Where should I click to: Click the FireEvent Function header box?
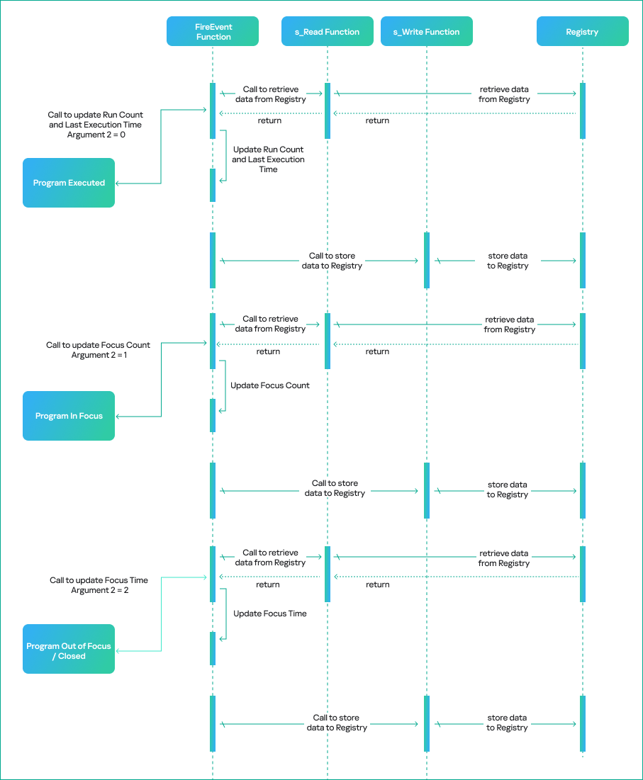coord(213,32)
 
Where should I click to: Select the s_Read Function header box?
coord(327,32)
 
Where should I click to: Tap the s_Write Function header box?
coord(426,32)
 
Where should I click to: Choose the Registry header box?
coord(582,32)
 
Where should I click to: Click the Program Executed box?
coord(69,183)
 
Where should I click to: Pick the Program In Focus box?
coord(69,416)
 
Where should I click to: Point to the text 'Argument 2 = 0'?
coord(95,135)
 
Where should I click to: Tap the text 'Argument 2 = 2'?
coord(99,590)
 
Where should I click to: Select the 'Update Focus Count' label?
coord(270,385)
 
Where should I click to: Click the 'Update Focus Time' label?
coord(270,614)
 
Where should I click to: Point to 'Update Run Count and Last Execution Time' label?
coord(268,159)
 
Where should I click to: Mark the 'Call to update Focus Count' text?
coord(98,345)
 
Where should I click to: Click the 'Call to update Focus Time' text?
coord(99,580)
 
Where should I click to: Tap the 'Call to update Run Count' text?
coord(95,115)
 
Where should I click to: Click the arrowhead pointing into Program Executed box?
coord(118,183)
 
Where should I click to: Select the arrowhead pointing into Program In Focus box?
coord(118,417)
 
